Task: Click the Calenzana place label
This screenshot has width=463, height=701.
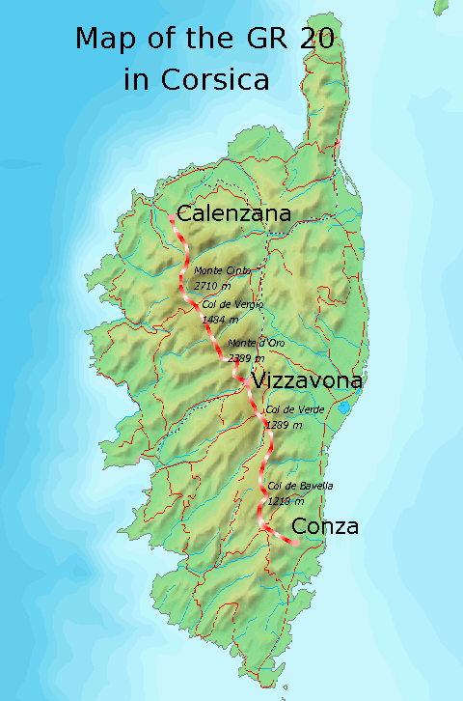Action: tap(232, 214)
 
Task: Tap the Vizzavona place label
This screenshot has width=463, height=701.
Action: tap(306, 380)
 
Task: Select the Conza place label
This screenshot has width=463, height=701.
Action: tap(325, 526)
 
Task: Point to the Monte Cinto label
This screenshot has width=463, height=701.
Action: tap(222, 272)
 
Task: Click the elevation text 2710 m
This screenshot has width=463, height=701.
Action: tap(212, 286)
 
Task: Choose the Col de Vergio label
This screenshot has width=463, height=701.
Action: tap(232, 304)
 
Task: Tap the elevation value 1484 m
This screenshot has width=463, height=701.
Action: tap(221, 318)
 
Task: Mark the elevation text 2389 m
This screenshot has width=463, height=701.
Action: tap(245, 357)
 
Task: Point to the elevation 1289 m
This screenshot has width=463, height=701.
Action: tap(284, 424)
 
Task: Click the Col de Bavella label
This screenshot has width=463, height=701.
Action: tap(300, 486)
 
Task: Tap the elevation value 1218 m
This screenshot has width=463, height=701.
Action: tap(286, 500)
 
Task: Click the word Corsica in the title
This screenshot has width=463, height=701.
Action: tap(223, 79)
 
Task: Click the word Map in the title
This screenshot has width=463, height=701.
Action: tap(106, 40)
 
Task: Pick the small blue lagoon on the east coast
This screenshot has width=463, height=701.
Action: tap(344, 407)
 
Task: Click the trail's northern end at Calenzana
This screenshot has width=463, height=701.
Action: tap(172, 218)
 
